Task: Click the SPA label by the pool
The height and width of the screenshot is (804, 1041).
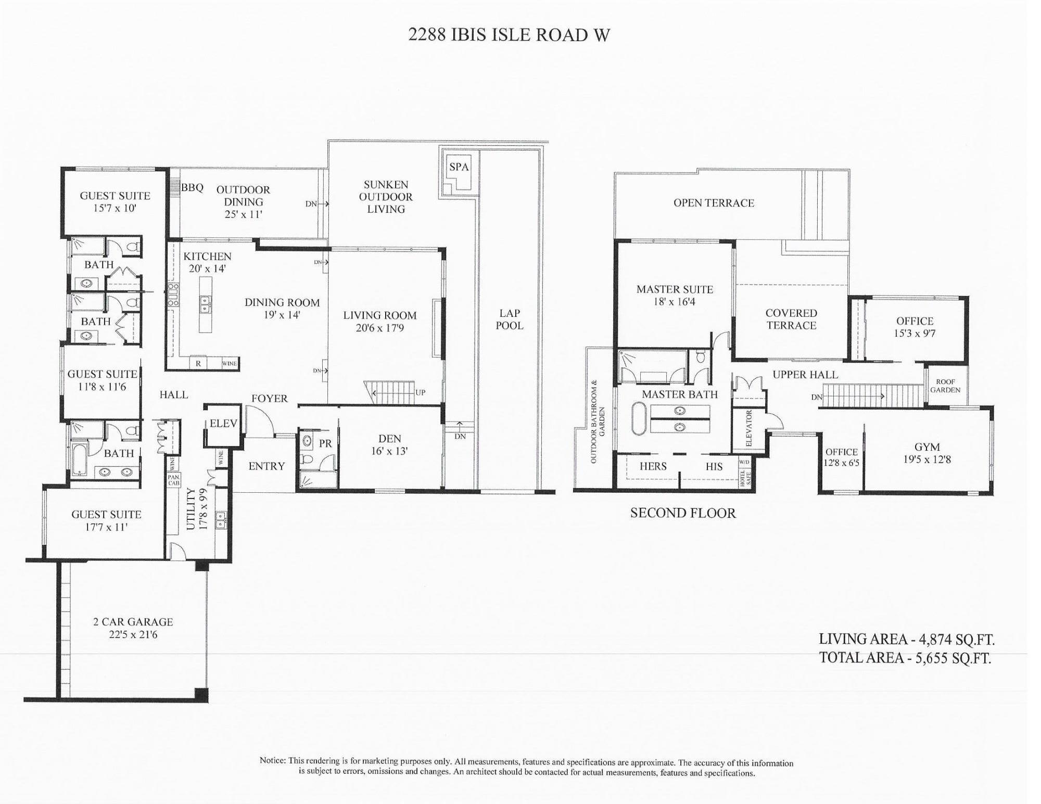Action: click(459, 167)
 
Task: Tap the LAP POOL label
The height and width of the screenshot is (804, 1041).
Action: click(509, 319)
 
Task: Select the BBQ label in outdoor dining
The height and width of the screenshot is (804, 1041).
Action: click(192, 188)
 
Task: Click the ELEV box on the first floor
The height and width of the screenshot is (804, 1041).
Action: click(223, 424)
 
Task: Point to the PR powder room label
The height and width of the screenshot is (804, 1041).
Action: click(325, 444)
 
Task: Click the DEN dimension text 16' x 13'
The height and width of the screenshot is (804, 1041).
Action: click(389, 451)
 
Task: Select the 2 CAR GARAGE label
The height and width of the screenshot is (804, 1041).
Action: click(133, 622)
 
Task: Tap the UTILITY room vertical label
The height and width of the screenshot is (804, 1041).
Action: click(191, 508)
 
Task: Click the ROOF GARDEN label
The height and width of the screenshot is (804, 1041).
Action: click(945, 386)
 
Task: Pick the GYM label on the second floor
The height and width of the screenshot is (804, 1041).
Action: click(927, 446)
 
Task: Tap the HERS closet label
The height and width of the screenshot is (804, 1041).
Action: click(653, 466)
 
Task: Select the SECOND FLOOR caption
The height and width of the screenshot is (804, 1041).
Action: click(683, 513)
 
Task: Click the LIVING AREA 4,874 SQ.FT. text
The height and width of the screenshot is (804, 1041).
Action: click(906, 639)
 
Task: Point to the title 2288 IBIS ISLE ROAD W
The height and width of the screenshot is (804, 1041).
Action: click(509, 34)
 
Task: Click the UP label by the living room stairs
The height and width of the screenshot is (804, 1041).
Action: click(420, 393)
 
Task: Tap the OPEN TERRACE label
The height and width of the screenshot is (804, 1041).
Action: click(714, 203)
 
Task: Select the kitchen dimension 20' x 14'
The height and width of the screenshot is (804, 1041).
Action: click(207, 269)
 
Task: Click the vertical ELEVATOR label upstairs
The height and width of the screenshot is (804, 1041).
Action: click(749, 428)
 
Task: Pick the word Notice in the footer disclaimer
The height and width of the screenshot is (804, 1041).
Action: click(273, 761)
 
